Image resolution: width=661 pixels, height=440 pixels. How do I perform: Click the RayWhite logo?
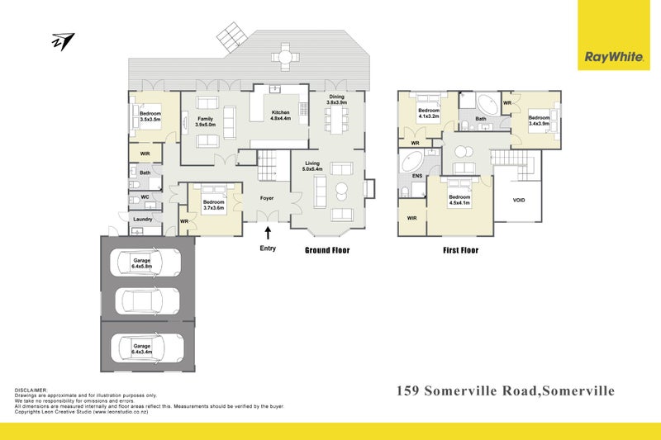[x=614, y=57]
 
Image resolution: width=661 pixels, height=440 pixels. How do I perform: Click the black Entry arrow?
[x=267, y=234]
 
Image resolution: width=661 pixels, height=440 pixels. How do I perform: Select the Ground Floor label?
[x=327, y=249]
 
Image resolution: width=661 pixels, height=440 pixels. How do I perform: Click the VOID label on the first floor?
[x=519, y=200]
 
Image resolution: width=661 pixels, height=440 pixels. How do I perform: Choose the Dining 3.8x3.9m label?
[x=337, y=100]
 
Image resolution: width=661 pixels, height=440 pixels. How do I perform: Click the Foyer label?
[x=267, y=197]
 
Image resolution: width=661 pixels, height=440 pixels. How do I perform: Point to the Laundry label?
[x=142, y=219]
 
